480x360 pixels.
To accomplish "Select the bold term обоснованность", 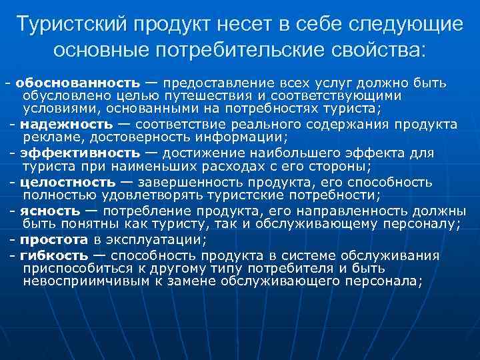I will tap(78, 83).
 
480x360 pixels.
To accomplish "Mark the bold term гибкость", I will tap(53, 255).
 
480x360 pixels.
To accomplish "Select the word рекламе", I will tap(51, 138).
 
